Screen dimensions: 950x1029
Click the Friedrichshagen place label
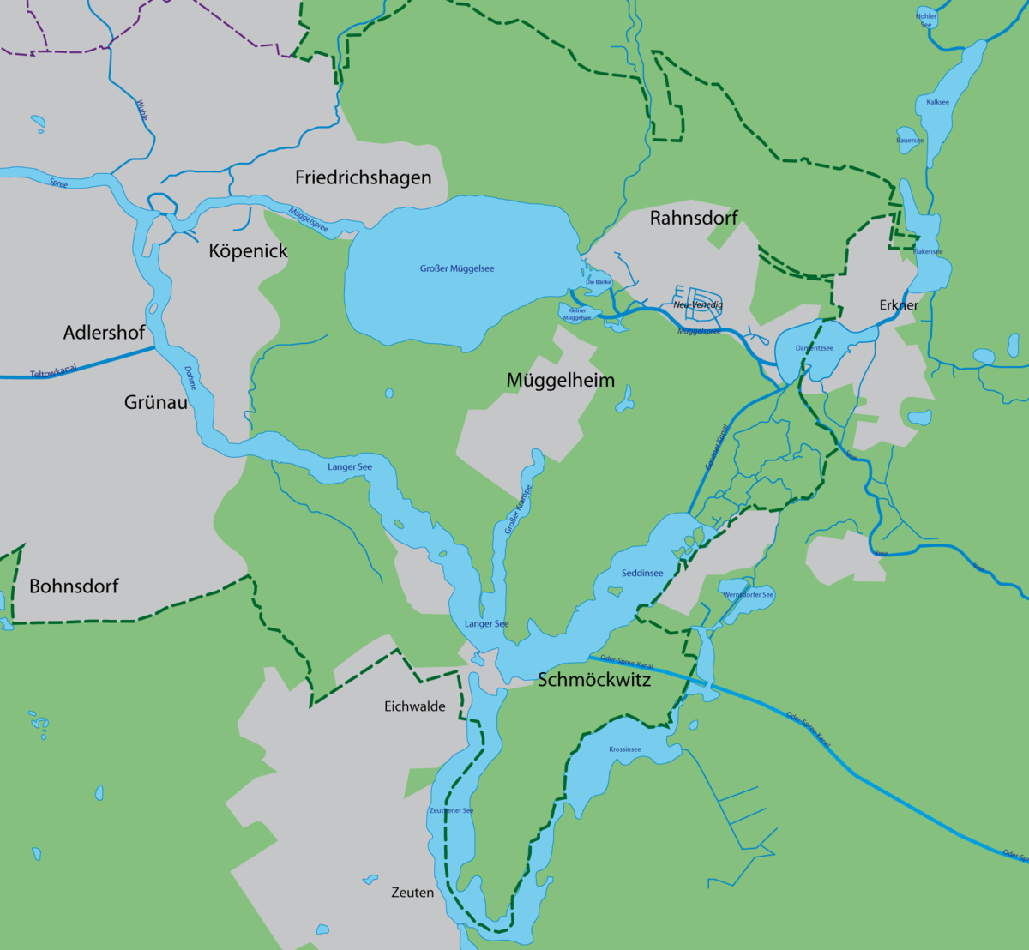coord(363,177)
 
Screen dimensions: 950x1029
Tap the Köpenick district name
coord(248,251)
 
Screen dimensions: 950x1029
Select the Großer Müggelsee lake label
coord(457,268)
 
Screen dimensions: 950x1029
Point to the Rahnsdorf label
coord(694,218)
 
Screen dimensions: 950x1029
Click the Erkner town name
coord(899,304)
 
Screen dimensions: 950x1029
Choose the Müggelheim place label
coord(560,380)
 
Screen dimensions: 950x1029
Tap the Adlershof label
coord(104,332)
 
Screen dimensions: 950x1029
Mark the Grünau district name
coord(155,401)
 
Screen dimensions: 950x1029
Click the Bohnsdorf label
coord(74,586)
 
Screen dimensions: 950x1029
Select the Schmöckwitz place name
coord(593,680)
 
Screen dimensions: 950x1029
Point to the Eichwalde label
coord(414,706)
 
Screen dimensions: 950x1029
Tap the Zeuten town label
coord(412,893)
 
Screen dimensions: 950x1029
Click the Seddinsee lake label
coord(642,573)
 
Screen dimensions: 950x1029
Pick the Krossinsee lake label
coord(625,749)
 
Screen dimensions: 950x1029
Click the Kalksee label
coord(937,102)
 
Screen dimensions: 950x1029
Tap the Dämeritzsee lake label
coord(814,348)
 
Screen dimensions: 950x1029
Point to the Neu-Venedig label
coord(698,304)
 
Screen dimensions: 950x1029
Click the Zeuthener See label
coord(451,810)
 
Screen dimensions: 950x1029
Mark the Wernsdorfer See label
coord(748,594)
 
